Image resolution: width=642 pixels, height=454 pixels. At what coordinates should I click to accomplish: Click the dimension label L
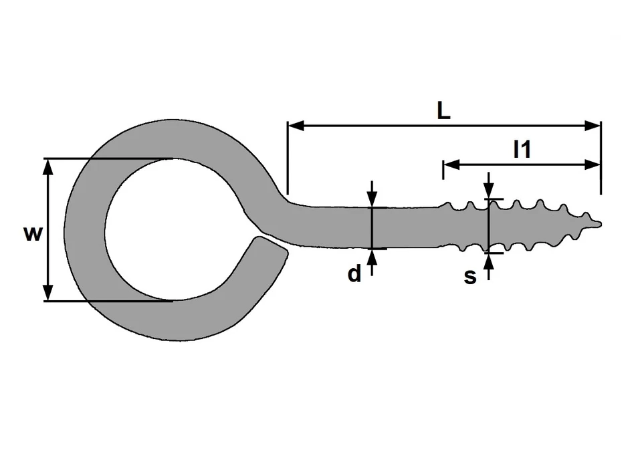click(x=443, y=111)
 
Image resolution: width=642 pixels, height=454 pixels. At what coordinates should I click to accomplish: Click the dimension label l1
click(x=522, y=150)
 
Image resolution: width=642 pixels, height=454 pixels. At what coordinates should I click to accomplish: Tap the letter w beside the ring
click(x=33, y=233)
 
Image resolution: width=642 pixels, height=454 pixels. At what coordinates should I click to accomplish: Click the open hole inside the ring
click(x=173, y=230)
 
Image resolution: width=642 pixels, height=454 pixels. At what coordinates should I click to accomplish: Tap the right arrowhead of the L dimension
click(x=593, y=125)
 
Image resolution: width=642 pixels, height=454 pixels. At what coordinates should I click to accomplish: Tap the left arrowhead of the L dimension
click(x=295, y=125)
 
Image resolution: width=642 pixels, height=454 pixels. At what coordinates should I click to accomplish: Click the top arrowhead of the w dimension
click(x=47, y=166)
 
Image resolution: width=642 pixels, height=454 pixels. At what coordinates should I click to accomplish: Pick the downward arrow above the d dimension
click(x=372, y=199)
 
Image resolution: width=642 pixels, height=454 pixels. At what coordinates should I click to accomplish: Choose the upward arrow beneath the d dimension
click(x=372, y=257)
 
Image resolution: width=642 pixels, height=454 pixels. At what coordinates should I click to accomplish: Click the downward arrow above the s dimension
click(x=490, y=192)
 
